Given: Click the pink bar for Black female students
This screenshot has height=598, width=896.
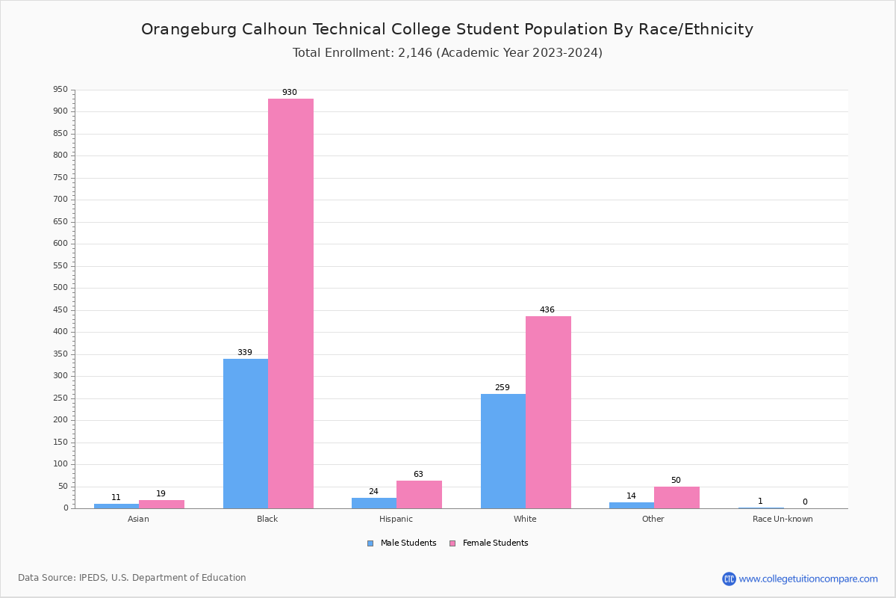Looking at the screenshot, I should pos(290,303).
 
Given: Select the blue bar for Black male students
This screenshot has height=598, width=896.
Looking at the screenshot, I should pos(246,434).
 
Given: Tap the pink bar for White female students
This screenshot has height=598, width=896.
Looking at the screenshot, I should pos(548,412).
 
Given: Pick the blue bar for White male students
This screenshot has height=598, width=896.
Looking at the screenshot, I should pos(503,451).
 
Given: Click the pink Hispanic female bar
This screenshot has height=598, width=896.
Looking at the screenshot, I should pos(419,494).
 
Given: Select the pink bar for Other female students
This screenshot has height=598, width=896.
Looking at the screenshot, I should pos(676,497).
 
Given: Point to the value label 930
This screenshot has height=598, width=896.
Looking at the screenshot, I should pos(290,93).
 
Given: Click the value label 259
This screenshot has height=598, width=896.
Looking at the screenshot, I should pos(503,388).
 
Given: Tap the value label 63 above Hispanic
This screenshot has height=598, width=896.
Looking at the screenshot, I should pos(418,475).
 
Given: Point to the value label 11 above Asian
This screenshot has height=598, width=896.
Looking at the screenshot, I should pos(116,498).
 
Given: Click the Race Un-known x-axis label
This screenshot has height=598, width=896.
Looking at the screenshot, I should pos(783,520).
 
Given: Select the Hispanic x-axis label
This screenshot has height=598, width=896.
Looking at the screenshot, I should pos(396,520).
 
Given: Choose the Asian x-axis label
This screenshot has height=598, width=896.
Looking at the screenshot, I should pos(138,520).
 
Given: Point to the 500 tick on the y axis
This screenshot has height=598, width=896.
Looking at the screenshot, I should pos(60,288).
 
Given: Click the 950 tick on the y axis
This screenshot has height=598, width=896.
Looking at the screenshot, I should pos(60,90).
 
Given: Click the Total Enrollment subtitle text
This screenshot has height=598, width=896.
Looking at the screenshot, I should pos(447,53).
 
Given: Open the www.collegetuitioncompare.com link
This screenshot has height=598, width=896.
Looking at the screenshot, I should pos(808,579).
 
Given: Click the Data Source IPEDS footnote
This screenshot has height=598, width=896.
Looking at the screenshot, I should pos(132,578).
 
